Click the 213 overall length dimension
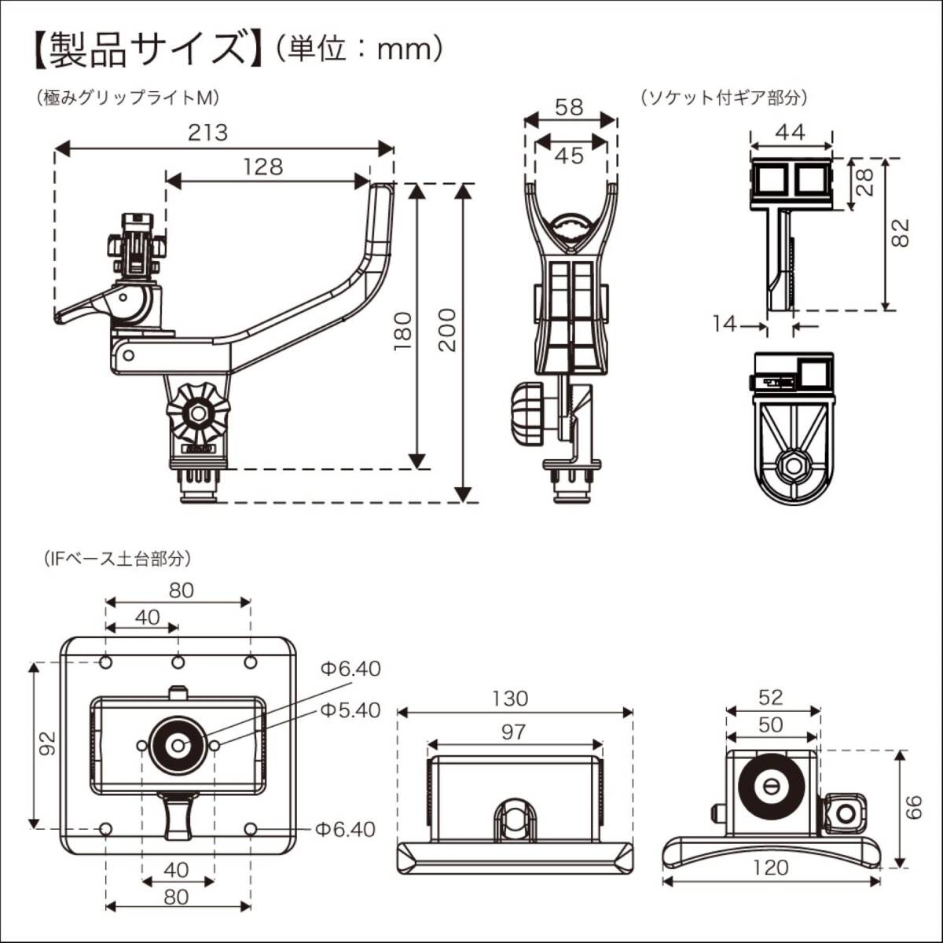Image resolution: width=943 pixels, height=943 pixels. (x=207, y=132)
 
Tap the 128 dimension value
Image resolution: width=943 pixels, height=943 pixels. (x=262, y=167)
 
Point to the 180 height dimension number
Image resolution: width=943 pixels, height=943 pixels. (x=402, y=330)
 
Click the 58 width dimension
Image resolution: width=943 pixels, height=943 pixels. (x=569, y=107)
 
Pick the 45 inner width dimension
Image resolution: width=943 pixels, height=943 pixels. (x=569, y=156)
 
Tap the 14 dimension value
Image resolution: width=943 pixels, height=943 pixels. (x=725, y=323)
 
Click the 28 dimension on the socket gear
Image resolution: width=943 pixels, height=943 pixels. (x=864, y=182)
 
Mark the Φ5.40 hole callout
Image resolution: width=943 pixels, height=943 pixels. (x=350, y=710)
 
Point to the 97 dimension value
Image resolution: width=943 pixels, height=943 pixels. (x=512, y=732)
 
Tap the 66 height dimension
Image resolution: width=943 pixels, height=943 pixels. (x=913, y=807)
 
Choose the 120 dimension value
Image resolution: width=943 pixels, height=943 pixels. (x=770, y=868)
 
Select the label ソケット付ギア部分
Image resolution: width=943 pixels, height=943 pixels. (x=724, y=98)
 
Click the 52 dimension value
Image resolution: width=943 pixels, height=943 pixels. (x=771, y=697)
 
